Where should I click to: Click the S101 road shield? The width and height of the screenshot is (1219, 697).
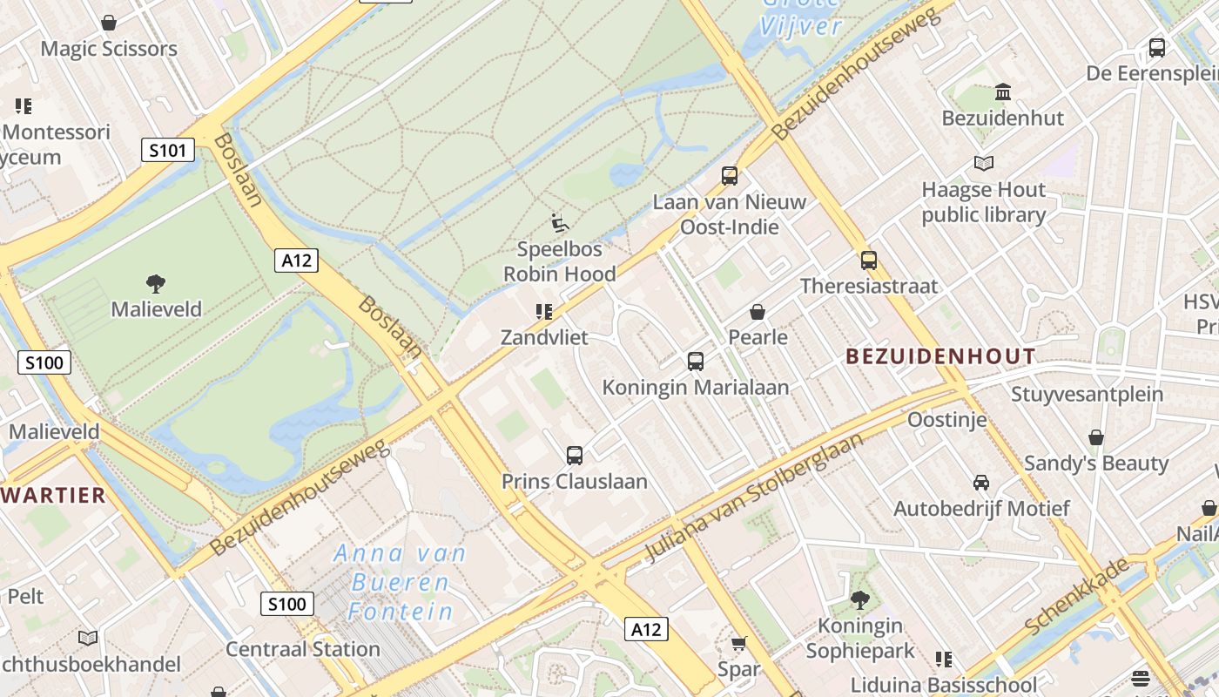click(167, 151)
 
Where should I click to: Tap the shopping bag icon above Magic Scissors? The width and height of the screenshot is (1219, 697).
click(109, 23)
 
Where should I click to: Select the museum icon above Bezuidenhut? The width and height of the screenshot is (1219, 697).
click(1002, 91)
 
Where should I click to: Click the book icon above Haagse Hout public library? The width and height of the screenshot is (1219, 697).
click(983, 163)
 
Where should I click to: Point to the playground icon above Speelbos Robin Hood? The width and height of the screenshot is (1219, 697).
click(560, 223)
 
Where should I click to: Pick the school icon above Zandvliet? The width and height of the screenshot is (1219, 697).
click(544, 312)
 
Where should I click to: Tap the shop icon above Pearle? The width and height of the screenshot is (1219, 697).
click(758, 312)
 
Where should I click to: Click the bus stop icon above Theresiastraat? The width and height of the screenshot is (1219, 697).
click(868, 261)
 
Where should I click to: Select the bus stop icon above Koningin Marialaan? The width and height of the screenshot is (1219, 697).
click(695, 362)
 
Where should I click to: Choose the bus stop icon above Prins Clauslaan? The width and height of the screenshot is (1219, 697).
click(574, 456)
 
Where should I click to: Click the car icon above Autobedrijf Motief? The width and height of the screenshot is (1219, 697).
click(980, 483)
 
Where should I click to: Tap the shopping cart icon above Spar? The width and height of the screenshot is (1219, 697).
click(738, 644)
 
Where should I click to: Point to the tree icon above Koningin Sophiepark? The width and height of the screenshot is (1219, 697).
click(859, 599)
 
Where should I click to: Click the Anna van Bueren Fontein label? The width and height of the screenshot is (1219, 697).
click(401, 582)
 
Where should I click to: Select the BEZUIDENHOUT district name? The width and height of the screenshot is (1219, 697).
click(940, 356)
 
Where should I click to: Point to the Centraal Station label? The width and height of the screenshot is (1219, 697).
click(303, 649)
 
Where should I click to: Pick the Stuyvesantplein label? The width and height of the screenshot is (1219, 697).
click(1087, 394)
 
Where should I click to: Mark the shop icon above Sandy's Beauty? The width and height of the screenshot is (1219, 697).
click(1095, 437)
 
